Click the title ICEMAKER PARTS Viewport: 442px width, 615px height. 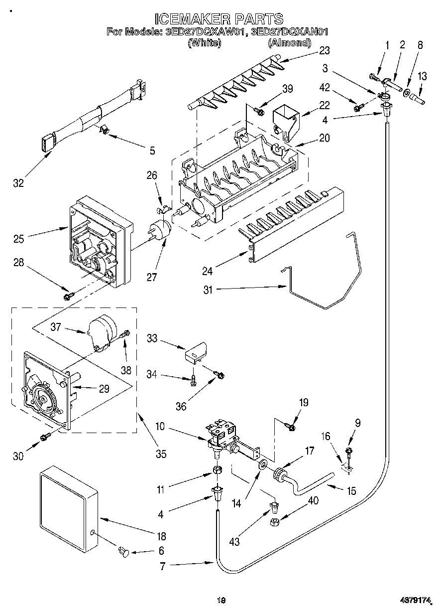[x=219, y=19]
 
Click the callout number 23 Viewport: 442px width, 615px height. [x=325, y=50]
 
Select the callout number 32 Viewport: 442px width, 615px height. [x=18, y=183]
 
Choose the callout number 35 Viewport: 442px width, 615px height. [x=160, y=454]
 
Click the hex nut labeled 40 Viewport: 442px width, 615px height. [x=274, y=522]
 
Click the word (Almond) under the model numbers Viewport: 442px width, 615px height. [x=289, y=43]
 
